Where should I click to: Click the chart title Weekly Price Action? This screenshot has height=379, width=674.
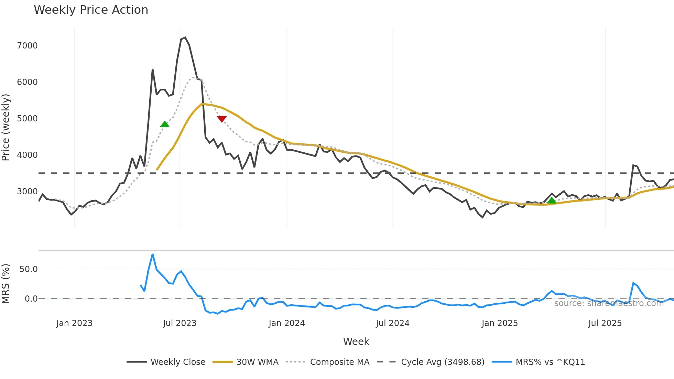coord(91,10)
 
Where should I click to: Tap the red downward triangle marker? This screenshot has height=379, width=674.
coord(222,119)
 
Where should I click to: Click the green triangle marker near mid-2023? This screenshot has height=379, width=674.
coord(165,124)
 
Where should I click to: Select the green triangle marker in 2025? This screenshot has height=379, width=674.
coord(552,201)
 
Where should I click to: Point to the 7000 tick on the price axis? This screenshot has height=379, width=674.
coord(27,46)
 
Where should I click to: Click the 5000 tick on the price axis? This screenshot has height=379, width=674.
coord(27,119)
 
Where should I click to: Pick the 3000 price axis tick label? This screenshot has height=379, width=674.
coord(27,192)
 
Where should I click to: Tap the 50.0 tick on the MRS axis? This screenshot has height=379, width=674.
coord(29,269)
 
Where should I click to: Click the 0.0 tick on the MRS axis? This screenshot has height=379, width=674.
coord(31,299)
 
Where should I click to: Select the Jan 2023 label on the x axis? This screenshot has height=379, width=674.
coord(74,323)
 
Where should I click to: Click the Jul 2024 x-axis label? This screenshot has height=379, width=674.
coord(392,323)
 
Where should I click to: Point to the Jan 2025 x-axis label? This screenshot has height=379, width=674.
coord(499,323)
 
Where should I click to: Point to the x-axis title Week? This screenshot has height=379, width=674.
coord(356,342)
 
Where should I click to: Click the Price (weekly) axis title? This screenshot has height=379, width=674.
coord(6,127)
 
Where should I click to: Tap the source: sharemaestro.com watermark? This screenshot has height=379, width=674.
coord(609,303)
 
